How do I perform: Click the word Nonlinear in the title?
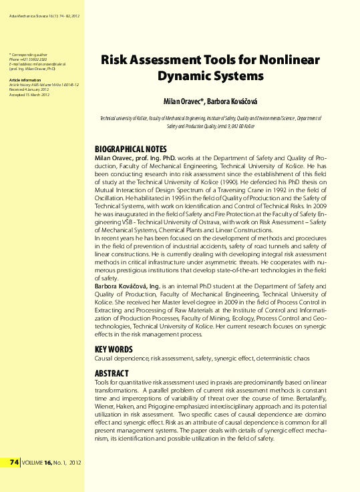click(x=286, y=60)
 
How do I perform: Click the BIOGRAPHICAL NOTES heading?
click(x=130, y=149)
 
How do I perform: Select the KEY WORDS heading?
click(x=114, y=349)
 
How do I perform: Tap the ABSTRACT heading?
click(x=112, y=373)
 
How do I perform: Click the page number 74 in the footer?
click(x=14, y=462)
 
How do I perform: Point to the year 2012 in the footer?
click(x=74, y=462)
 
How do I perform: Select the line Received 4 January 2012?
click(x=29, y=90)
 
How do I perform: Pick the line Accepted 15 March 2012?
click(x=29, y=95)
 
